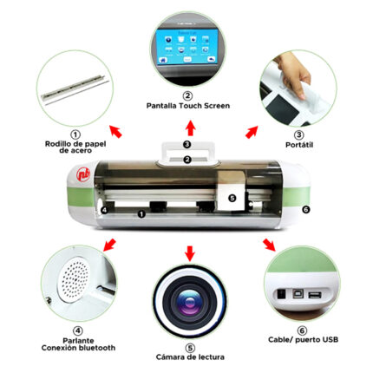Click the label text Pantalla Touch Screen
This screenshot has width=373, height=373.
click(186, 105)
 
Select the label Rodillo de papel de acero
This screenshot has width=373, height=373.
click(75, 147)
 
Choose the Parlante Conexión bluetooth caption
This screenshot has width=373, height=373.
click(78, 343)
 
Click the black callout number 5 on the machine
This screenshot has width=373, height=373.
click(232, 198)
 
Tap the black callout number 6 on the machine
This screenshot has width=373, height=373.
click(305, 209)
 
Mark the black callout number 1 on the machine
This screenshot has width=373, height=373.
click(141, 213)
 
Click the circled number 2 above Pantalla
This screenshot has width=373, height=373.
click(186, 95)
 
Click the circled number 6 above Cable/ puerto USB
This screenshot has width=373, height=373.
click(300, 330)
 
